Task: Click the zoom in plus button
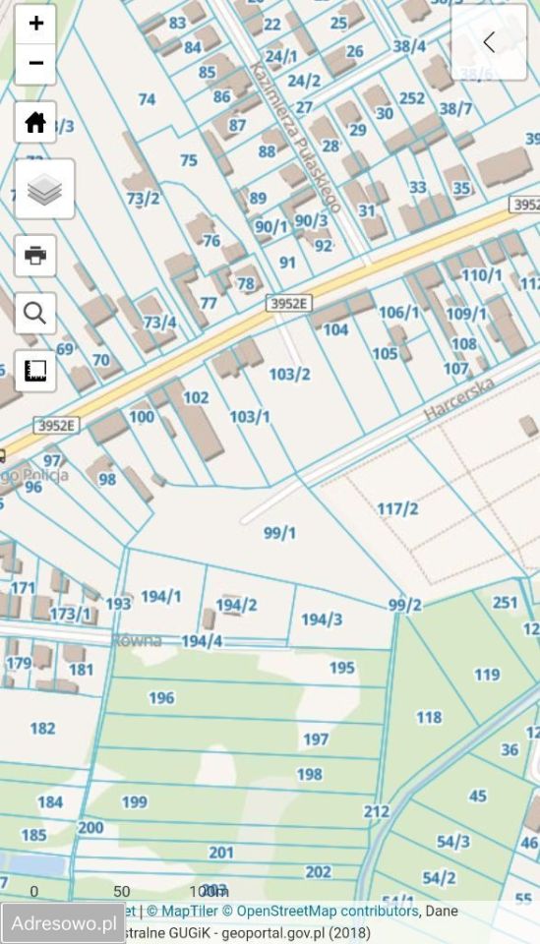[35, 24]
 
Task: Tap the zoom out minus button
[35, 64]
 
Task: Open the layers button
[44, 189]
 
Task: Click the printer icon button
[35, 256]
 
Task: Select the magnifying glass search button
[35, 313]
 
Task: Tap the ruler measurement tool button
[35, 371]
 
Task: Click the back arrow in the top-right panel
[489, 42]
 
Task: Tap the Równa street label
[137, 640]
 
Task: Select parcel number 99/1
[280, 533]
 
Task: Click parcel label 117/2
[397, 508]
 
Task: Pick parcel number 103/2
[289, 374]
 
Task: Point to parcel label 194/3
[322, 619]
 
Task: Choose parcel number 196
[161, 698]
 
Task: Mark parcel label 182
[42, 729]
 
